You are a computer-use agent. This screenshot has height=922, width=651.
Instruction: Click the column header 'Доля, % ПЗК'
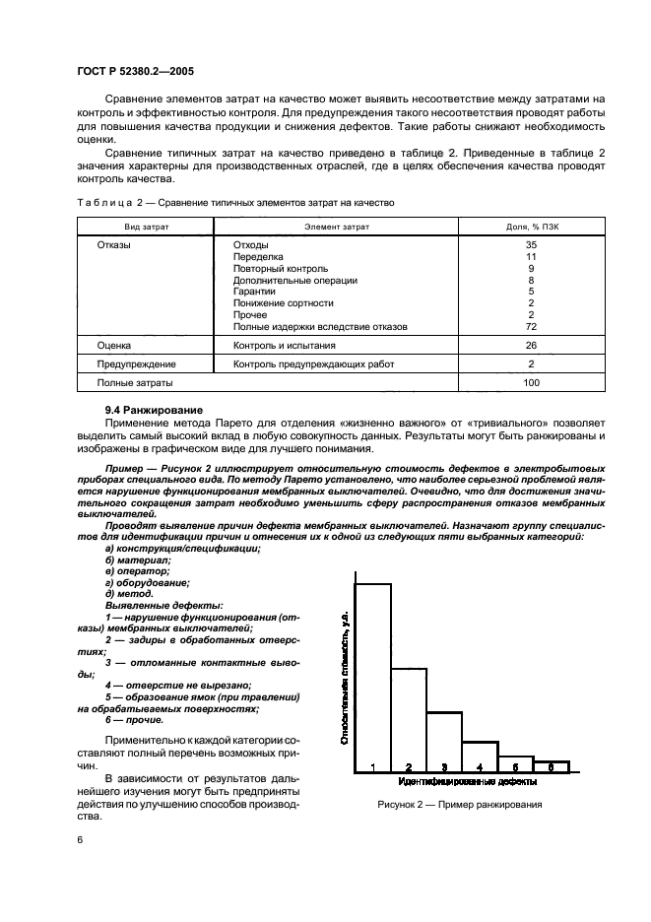(x=531, y=226)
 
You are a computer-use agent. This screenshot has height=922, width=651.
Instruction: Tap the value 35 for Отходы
(x=531, y=244)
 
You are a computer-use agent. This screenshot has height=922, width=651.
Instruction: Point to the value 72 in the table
(x=531, y=326)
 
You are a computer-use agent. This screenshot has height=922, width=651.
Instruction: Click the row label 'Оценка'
(x=114, y=346)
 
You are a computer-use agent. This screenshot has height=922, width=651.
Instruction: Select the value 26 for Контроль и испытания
(x=531, y=346)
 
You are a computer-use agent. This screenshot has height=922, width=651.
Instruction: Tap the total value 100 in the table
(x=531, y=383)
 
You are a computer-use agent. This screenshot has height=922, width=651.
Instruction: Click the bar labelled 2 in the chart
(x=409, y=718)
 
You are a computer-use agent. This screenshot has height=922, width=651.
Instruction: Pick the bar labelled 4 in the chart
(x=480, y=757)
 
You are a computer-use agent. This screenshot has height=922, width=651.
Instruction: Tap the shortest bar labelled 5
(x=515, y=764)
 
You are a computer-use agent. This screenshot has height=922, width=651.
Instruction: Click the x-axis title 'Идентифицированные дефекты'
(x=468, y=782)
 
